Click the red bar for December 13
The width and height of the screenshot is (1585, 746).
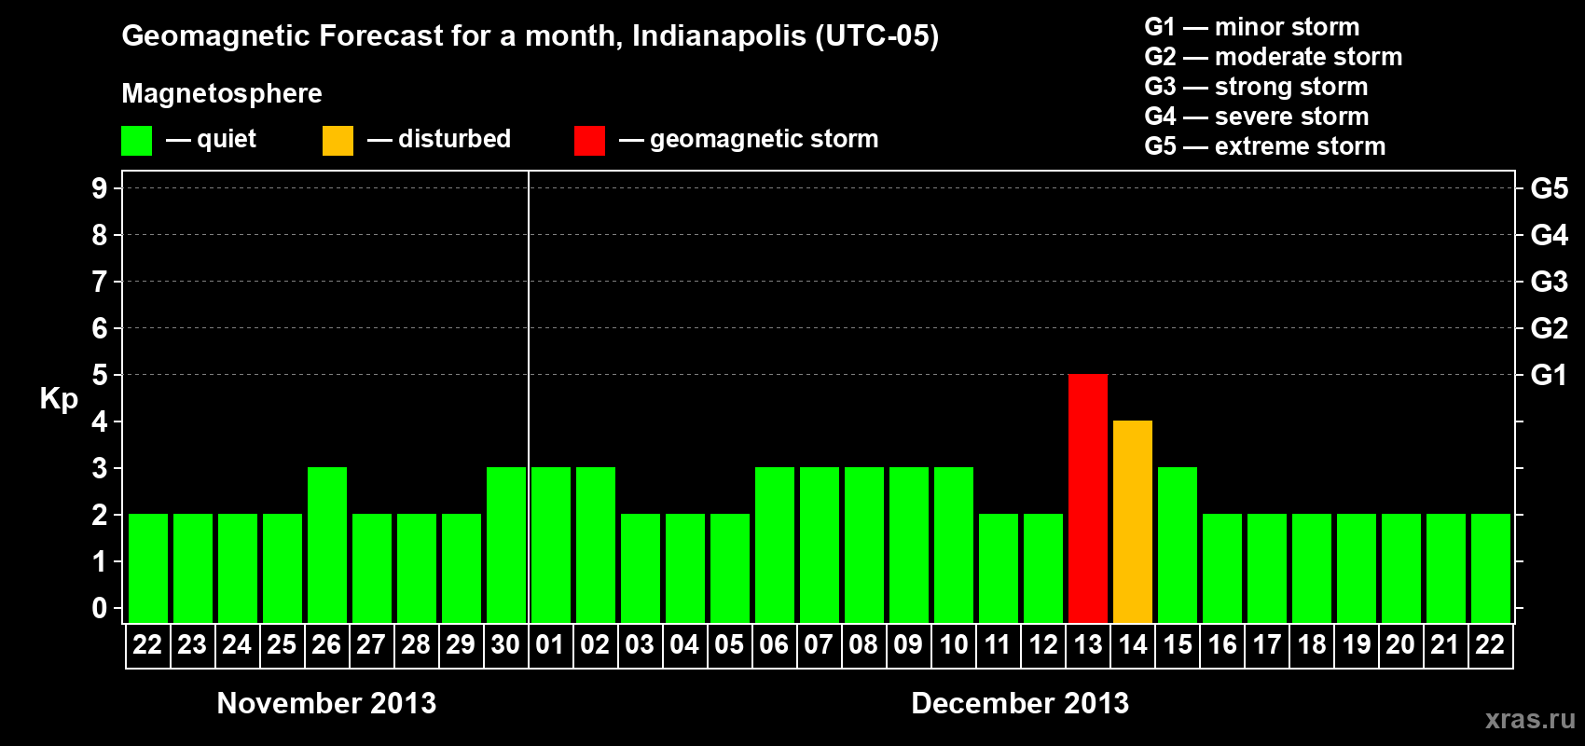(1088, 498)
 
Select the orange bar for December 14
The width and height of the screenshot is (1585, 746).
(1133, 521)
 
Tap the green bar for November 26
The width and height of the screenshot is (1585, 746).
(327, 545)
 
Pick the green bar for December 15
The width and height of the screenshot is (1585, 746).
(1178, 545)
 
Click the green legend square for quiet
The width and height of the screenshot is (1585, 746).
(136, 141)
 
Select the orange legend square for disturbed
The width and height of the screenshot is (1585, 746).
(338, 141)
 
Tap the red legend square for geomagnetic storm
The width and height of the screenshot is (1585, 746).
(589, 141)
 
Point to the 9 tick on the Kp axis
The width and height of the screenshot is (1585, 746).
(100, 188)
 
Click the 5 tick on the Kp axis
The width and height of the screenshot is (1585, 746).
(100, 375)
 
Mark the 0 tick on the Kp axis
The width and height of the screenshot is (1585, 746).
(100, 608)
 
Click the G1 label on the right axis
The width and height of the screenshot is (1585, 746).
(1549, 375)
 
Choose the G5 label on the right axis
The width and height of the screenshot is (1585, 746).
(1549, 188)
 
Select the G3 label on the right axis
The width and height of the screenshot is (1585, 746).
(1549, 282)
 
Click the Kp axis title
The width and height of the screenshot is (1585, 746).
(59, 399)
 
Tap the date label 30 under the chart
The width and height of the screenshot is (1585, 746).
(505, 644)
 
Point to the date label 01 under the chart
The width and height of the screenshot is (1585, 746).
(550, 644)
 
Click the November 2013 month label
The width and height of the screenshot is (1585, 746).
(326, 703)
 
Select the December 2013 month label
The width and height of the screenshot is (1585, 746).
(1020, 703)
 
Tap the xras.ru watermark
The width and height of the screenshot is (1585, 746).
(1530, 719)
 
